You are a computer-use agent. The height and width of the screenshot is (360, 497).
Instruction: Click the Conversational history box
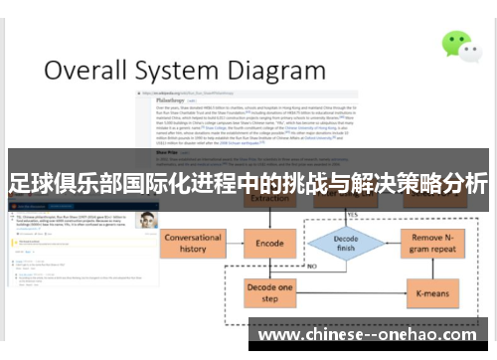coord(193,243)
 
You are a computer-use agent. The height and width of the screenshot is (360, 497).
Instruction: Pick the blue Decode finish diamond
coord(345,242)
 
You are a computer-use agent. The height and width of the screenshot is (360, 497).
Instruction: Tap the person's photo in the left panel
coord(147,220)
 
